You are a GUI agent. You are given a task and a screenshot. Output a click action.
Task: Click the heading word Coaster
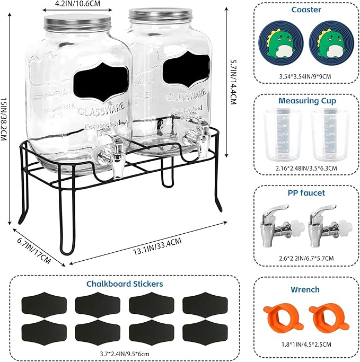point(306,10)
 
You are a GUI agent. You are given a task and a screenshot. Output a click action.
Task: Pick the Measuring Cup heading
point(306,101)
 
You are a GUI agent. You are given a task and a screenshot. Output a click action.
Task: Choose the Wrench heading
point(305,289)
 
